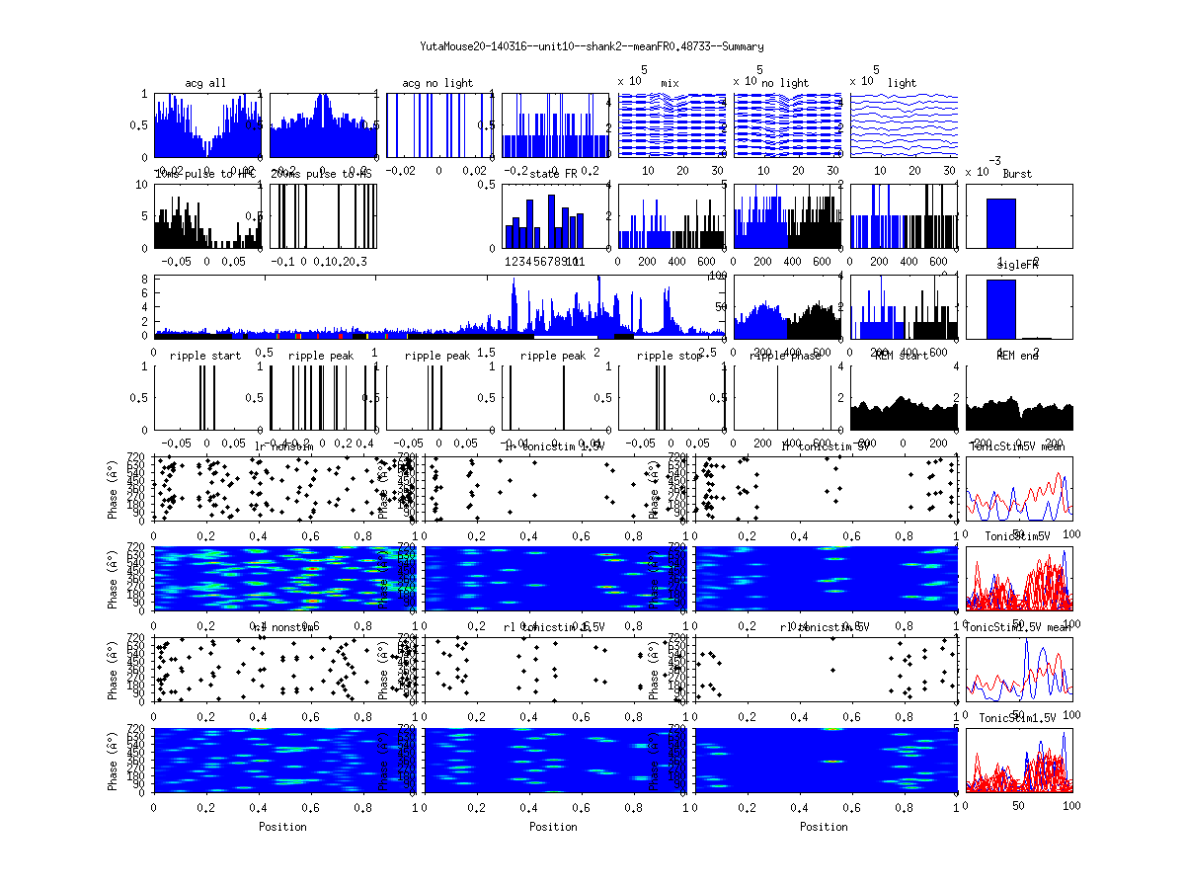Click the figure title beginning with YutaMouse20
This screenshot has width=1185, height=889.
click(x=592, y=46)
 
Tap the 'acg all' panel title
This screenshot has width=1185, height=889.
click(x=205, y=83)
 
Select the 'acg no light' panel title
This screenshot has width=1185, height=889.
click(x=437, y=83)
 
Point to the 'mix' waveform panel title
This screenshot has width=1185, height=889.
click(x=671, y=83)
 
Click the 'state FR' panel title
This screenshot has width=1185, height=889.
click(x=554, y=174)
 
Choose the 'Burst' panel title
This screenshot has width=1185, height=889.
click(x=1017, y=174)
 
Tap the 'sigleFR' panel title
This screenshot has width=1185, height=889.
click(x=1017, y=266)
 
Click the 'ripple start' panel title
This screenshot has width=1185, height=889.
click(x=205, y=356)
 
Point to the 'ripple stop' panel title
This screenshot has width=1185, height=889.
click(x=671, y=356)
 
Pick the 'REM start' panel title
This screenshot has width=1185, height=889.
click(x=902, y=356)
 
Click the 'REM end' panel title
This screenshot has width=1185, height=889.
click(x=1017, y=356)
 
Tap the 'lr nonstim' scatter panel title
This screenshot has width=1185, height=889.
click(x=285, y=446)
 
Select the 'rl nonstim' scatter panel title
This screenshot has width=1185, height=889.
click(x=285, y=627)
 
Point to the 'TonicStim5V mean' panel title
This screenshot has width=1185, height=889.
click(x=1018, y=446)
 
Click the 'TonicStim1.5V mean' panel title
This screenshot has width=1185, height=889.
click(x=1018, y=627)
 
